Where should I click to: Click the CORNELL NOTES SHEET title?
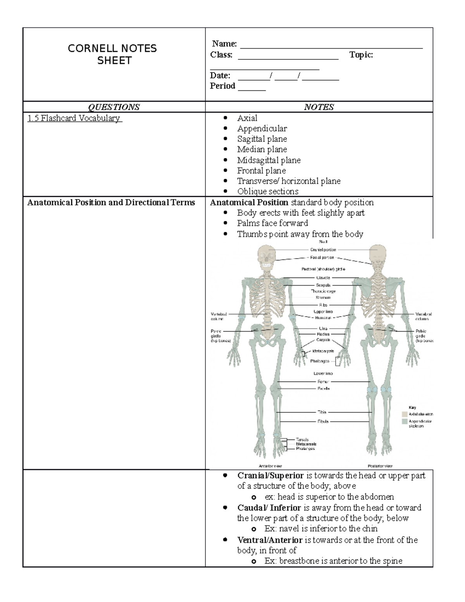pos(112,54)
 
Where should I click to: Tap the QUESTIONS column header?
pos(114,107)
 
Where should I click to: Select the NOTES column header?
pos(319,107)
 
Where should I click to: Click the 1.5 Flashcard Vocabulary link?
pos(74,118)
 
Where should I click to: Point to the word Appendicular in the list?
pos(262,128)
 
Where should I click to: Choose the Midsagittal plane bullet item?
pos(269,160)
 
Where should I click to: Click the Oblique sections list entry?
pos(268,191)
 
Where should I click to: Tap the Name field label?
pos(224,44)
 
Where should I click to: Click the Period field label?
pos(222,86)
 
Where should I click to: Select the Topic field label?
pos(361,55)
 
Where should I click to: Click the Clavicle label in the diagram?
pos(323,278)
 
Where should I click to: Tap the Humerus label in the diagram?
pos(323,317)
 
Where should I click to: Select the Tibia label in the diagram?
pos(322,412)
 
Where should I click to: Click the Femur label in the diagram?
pos(323,382)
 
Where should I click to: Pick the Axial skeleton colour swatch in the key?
pos(405,414)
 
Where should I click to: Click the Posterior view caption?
pos(380,466)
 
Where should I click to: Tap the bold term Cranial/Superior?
pos(270,476)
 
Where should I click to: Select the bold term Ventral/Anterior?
pos(270,540)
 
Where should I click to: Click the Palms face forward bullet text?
pos(272,223)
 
